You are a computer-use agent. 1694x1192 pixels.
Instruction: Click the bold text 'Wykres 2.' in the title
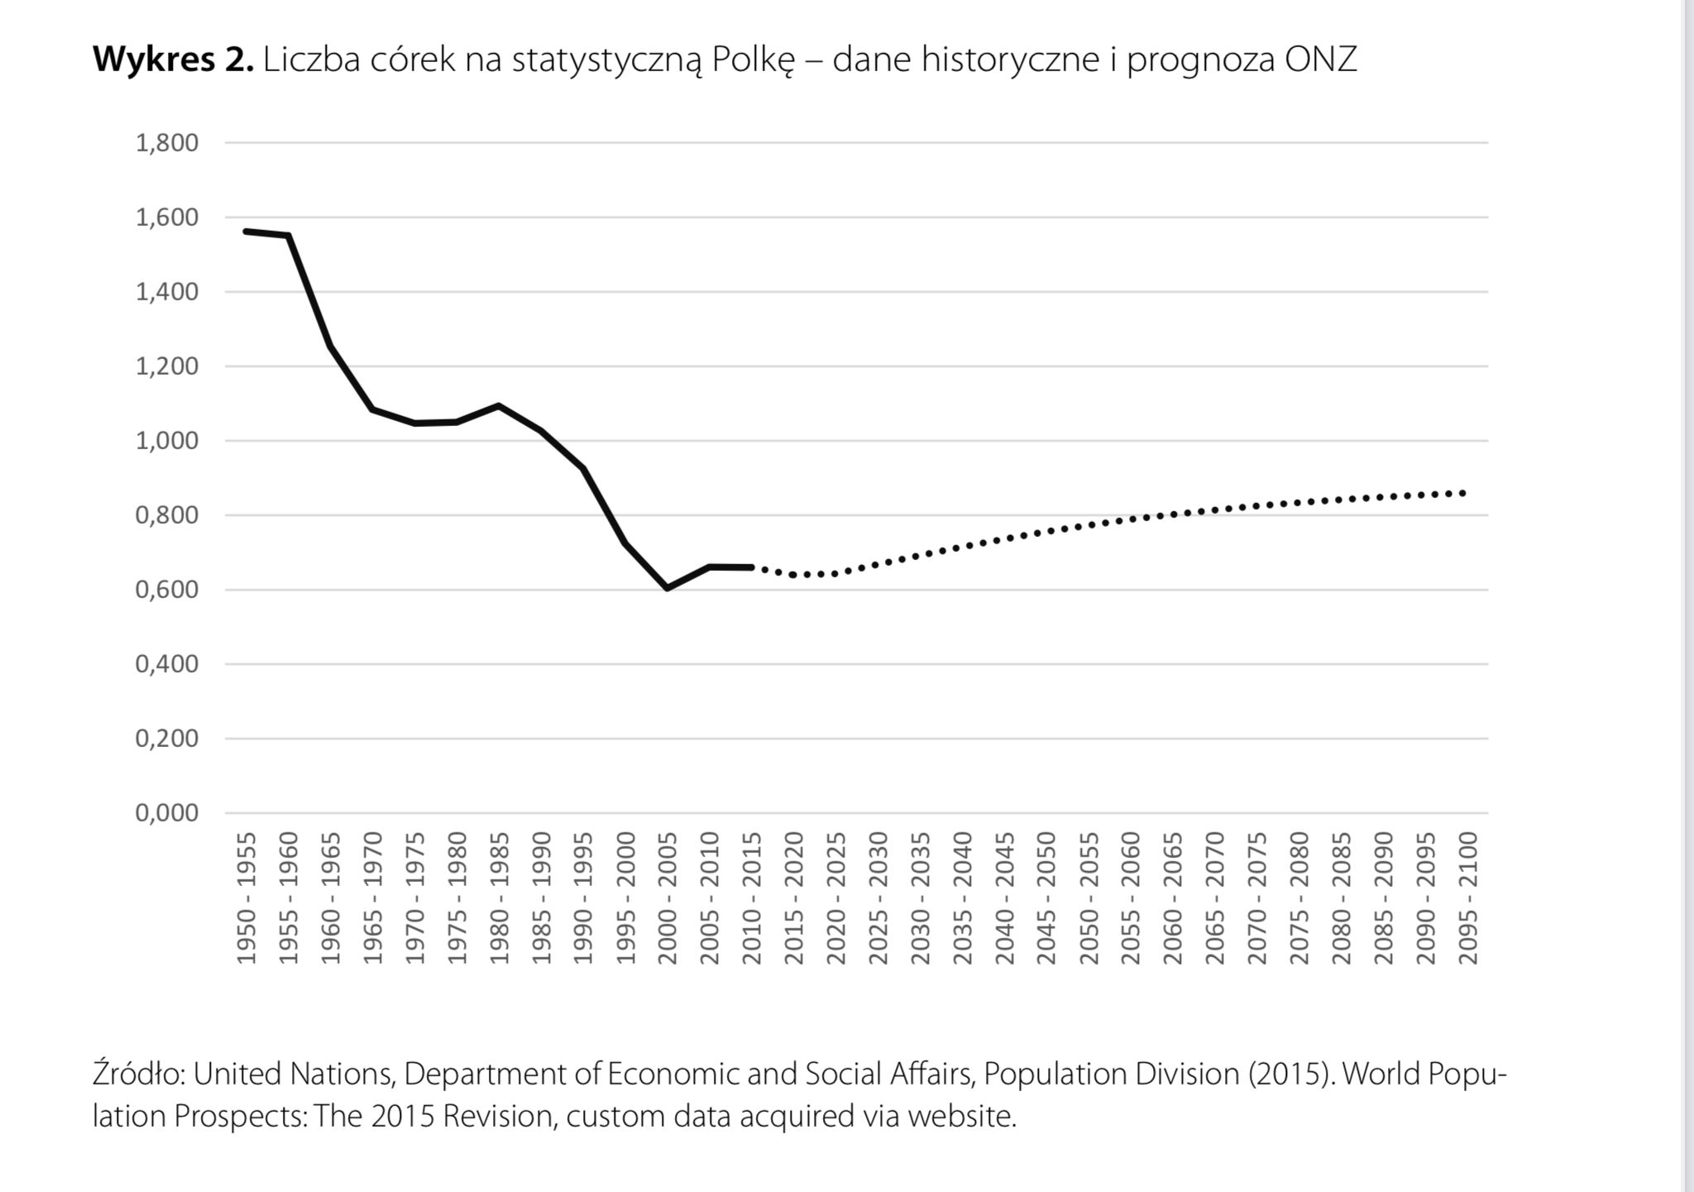tap(173, 60)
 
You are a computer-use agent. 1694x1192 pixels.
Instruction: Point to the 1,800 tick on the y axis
tap(167, 143)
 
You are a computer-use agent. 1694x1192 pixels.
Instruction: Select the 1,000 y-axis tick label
tap(167, 441)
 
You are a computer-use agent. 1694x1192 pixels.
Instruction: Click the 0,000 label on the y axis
tap(167, 813)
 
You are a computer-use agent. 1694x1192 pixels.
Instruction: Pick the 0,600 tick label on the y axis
tap(167, 590)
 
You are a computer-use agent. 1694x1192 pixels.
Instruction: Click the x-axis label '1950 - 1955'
tap(246, 898)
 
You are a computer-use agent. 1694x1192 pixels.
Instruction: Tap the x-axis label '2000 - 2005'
tap(668, 898)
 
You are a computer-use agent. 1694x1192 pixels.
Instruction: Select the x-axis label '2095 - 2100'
tap(1467, 898)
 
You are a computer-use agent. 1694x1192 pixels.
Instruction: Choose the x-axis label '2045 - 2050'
tap(1046, 898)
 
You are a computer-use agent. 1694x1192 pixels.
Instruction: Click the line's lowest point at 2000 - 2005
tap(668, 588)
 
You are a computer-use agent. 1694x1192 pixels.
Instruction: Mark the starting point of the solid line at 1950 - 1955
tap(246, 231)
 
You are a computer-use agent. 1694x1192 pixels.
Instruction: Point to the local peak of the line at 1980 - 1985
tap(499, 405)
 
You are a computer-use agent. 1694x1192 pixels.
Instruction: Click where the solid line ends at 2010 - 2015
tap(751, 567)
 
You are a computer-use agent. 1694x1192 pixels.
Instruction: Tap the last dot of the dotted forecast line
tap(1464, 493)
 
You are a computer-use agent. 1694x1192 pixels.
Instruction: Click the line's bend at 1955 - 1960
tap(289, 236)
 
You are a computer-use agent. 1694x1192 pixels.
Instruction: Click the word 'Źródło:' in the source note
tap(138, 1074)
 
